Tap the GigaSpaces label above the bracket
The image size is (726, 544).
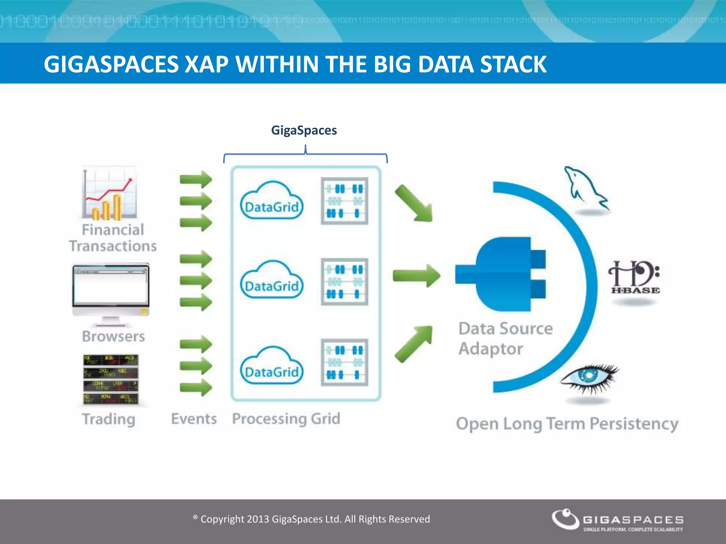coord(304,130)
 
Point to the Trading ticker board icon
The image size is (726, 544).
coord(111,380)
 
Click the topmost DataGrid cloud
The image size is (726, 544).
coord(272,202)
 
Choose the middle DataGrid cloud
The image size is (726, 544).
coord(272,281)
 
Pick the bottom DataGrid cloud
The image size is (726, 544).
coord(272,367)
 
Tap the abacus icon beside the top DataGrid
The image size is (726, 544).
coord(344,201)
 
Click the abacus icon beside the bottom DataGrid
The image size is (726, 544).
coord(344,362)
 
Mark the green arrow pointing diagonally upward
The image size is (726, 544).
coord(414,344)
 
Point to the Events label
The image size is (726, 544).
coord(194,419)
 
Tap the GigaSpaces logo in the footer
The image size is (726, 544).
coord(617,520)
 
